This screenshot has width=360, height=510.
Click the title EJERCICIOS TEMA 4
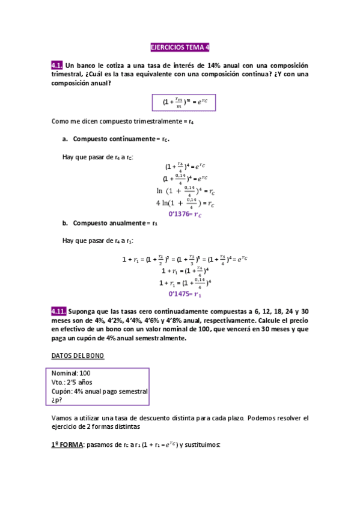click(180, 48)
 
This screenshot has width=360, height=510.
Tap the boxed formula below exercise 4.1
click(180, 102)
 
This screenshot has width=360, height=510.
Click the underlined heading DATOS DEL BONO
click(78, 355)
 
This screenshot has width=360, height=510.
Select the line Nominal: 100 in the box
click(71, 373)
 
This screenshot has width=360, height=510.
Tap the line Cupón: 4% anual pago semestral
click(100, 391)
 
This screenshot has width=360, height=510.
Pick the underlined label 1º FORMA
click(67, 445)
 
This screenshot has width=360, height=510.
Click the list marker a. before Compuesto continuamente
click(65, 139)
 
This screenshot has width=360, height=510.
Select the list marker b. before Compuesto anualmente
click(65, 223)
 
